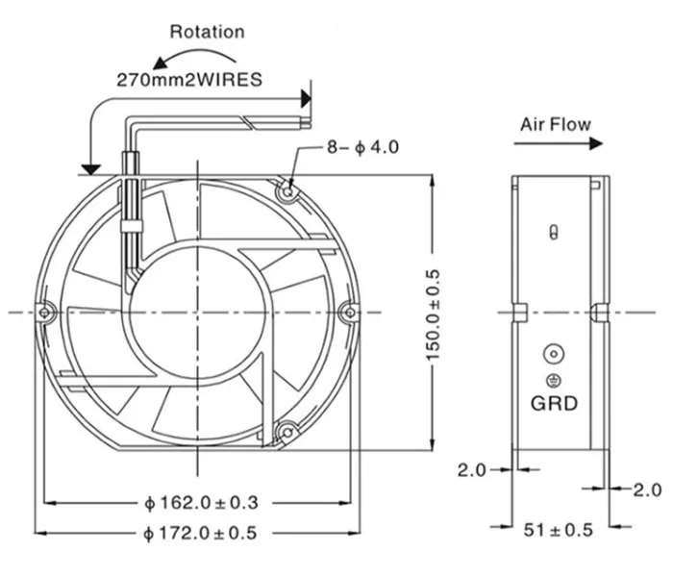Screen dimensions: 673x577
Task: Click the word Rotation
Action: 207,32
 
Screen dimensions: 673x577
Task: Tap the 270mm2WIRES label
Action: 189,80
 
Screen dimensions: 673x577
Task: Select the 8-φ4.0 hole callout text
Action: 362,147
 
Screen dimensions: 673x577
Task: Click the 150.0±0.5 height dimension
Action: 433,315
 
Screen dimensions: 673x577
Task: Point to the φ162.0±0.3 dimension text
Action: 201,503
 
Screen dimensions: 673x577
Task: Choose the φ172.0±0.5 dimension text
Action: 200,533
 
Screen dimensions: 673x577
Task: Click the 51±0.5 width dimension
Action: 558,530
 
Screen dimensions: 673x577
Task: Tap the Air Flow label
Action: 556,124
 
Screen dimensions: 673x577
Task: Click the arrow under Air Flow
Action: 559,144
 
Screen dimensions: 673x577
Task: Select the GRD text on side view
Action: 554,404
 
